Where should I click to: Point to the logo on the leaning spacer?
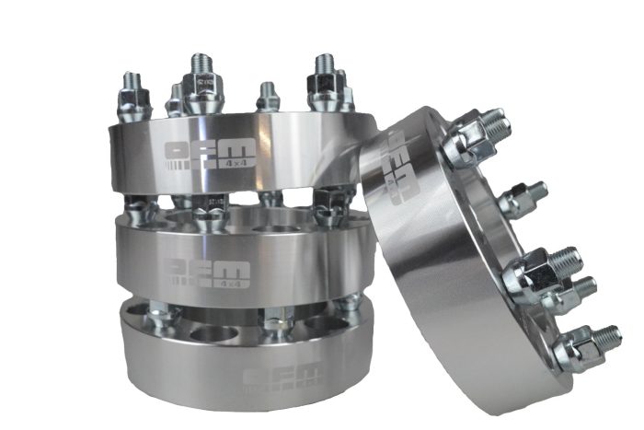(x=402, y=166)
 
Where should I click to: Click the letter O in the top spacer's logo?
(x=175, y=151)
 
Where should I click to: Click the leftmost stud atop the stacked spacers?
(x=133, y=95)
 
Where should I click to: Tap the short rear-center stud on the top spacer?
(x=267, y=96)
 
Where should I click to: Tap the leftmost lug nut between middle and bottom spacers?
(x=162, y=318)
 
